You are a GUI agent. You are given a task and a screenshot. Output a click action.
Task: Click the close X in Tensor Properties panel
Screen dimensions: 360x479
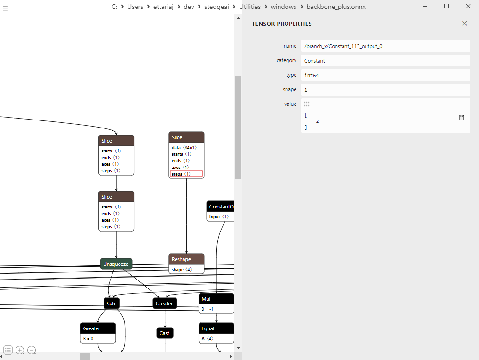coord(464,24)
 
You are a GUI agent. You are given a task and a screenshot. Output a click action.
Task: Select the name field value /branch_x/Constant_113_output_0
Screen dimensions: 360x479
coord(385,46)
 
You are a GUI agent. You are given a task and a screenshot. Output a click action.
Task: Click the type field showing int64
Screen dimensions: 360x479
coord(385,75)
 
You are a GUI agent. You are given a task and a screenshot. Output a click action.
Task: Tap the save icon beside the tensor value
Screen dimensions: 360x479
coord(461,118)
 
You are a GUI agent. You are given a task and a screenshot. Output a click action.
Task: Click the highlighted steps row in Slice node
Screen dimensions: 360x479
coord(186,174)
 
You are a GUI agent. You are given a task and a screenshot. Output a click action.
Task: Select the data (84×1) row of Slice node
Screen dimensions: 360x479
coord(186,147)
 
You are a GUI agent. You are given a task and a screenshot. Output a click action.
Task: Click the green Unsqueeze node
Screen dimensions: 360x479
coord(116,264)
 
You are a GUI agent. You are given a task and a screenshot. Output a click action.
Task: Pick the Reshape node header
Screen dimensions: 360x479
coord(186,259)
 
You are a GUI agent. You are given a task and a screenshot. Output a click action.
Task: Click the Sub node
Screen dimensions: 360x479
coord(111,304)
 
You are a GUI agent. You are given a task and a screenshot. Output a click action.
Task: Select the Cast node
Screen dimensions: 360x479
coord(165,333)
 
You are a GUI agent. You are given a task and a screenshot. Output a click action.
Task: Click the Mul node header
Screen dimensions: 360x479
coord(216,299)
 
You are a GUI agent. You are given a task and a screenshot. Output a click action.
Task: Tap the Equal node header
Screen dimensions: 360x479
coord(216,328)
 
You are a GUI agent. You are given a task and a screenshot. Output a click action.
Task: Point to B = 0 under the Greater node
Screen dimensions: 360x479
coord(98,338)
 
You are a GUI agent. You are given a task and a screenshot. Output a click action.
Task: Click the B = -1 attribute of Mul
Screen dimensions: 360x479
coord(216,309)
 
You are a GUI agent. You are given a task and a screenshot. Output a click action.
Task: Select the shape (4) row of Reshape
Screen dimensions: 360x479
coord(186,270)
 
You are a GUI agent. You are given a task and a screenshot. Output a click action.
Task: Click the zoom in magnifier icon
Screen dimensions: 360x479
coord(20,350)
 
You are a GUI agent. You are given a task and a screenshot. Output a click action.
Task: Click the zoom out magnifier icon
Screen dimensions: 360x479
coord(32,350)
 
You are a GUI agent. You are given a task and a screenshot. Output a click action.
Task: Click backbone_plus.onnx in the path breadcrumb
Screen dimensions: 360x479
coord(335,7)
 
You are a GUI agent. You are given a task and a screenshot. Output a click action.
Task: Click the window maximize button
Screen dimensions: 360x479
coord(447,6)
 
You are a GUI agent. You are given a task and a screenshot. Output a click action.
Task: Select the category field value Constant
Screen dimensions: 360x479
coord(385,60)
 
